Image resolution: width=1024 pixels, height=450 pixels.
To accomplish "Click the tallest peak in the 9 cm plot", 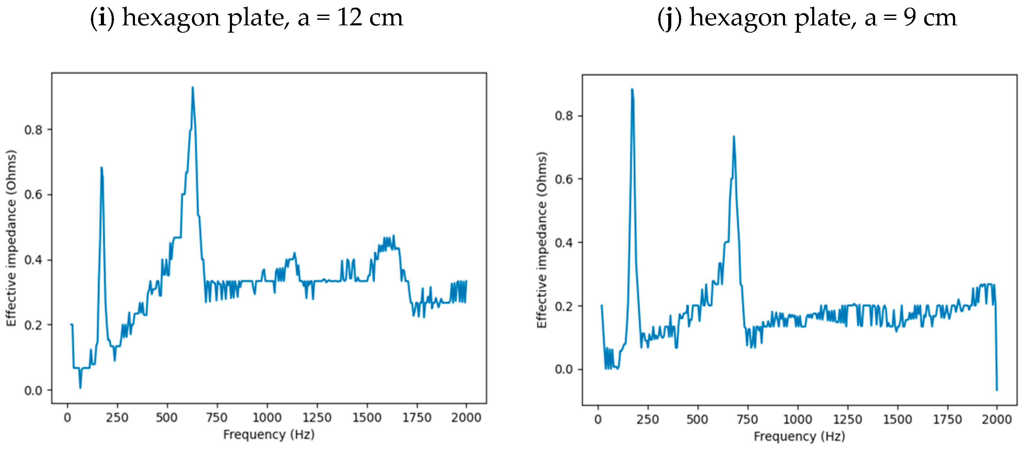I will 632,90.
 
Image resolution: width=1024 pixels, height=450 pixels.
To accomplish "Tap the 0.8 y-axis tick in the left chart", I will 33,130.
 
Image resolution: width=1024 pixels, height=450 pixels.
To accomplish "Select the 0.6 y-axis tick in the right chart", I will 564,179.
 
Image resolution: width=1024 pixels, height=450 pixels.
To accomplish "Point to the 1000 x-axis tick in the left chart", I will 267,417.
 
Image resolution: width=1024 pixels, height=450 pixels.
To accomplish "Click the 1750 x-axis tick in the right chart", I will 947,419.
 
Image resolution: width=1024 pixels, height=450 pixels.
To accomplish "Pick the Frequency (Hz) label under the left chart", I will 269,434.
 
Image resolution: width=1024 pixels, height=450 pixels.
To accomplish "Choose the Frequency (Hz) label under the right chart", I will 799,436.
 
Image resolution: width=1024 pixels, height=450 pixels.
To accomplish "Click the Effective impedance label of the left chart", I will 11,238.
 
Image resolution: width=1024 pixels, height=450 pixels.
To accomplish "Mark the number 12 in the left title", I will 349,18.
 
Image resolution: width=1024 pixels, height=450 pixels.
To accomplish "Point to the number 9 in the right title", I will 910,18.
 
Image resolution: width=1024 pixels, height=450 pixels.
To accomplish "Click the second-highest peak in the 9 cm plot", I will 734,137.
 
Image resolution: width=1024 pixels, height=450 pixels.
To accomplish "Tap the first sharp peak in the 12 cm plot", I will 101,168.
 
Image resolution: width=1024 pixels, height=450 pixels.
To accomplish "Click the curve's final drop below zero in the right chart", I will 997,390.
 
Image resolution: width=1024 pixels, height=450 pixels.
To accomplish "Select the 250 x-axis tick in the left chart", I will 117,417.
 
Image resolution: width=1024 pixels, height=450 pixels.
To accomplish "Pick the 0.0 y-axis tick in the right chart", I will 564,369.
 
